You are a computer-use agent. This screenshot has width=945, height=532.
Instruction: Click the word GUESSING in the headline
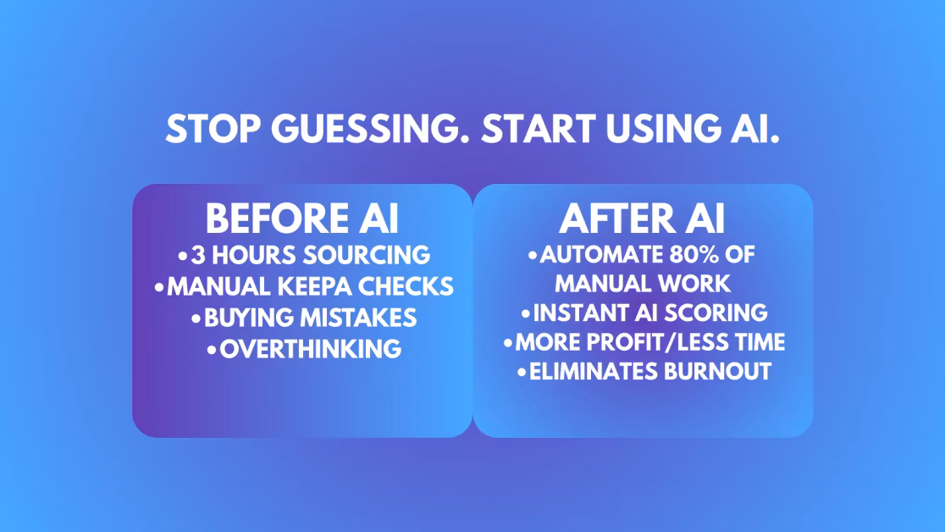pos(370,129)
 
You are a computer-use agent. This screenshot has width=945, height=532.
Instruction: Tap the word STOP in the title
pos(213,129)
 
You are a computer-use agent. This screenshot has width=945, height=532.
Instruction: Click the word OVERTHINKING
pos(311,349)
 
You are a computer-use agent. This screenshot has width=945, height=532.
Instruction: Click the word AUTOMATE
pos(594,254)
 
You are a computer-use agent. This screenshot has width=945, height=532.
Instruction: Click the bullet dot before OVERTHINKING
pos(212,350)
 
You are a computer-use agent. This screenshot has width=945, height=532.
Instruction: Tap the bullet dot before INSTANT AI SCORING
pos(526,313)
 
